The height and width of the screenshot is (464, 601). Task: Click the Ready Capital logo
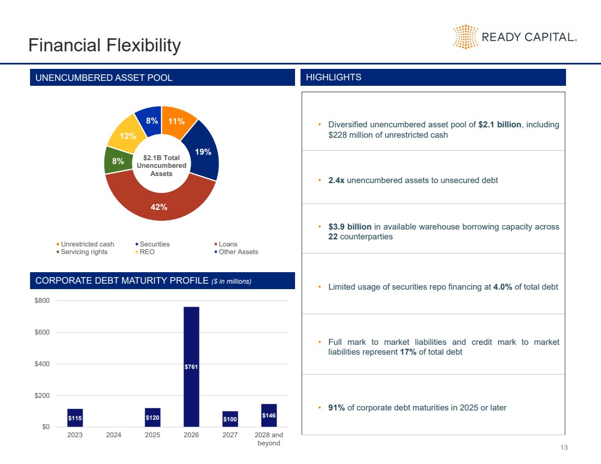[515, 37]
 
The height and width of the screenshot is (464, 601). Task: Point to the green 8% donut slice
[117, 161]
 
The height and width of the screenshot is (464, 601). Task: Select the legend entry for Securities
[155, 244]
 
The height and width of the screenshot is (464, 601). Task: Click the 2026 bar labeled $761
[191, 366]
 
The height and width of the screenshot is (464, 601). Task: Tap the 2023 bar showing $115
[75, 418]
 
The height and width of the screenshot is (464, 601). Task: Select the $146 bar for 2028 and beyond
[269, 415]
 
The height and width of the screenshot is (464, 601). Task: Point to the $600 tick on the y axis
[43, 332]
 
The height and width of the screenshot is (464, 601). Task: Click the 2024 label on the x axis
[114, 436]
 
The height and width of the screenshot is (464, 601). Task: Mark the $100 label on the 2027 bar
[230, 419]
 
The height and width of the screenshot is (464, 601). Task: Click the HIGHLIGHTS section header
[333, 78]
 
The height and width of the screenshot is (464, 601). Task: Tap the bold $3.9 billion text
[350, 227]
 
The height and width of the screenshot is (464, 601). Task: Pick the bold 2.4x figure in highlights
[336, 180]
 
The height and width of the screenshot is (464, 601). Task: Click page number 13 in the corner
[564, 448]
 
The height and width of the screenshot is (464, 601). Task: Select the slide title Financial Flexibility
[104, 45]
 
